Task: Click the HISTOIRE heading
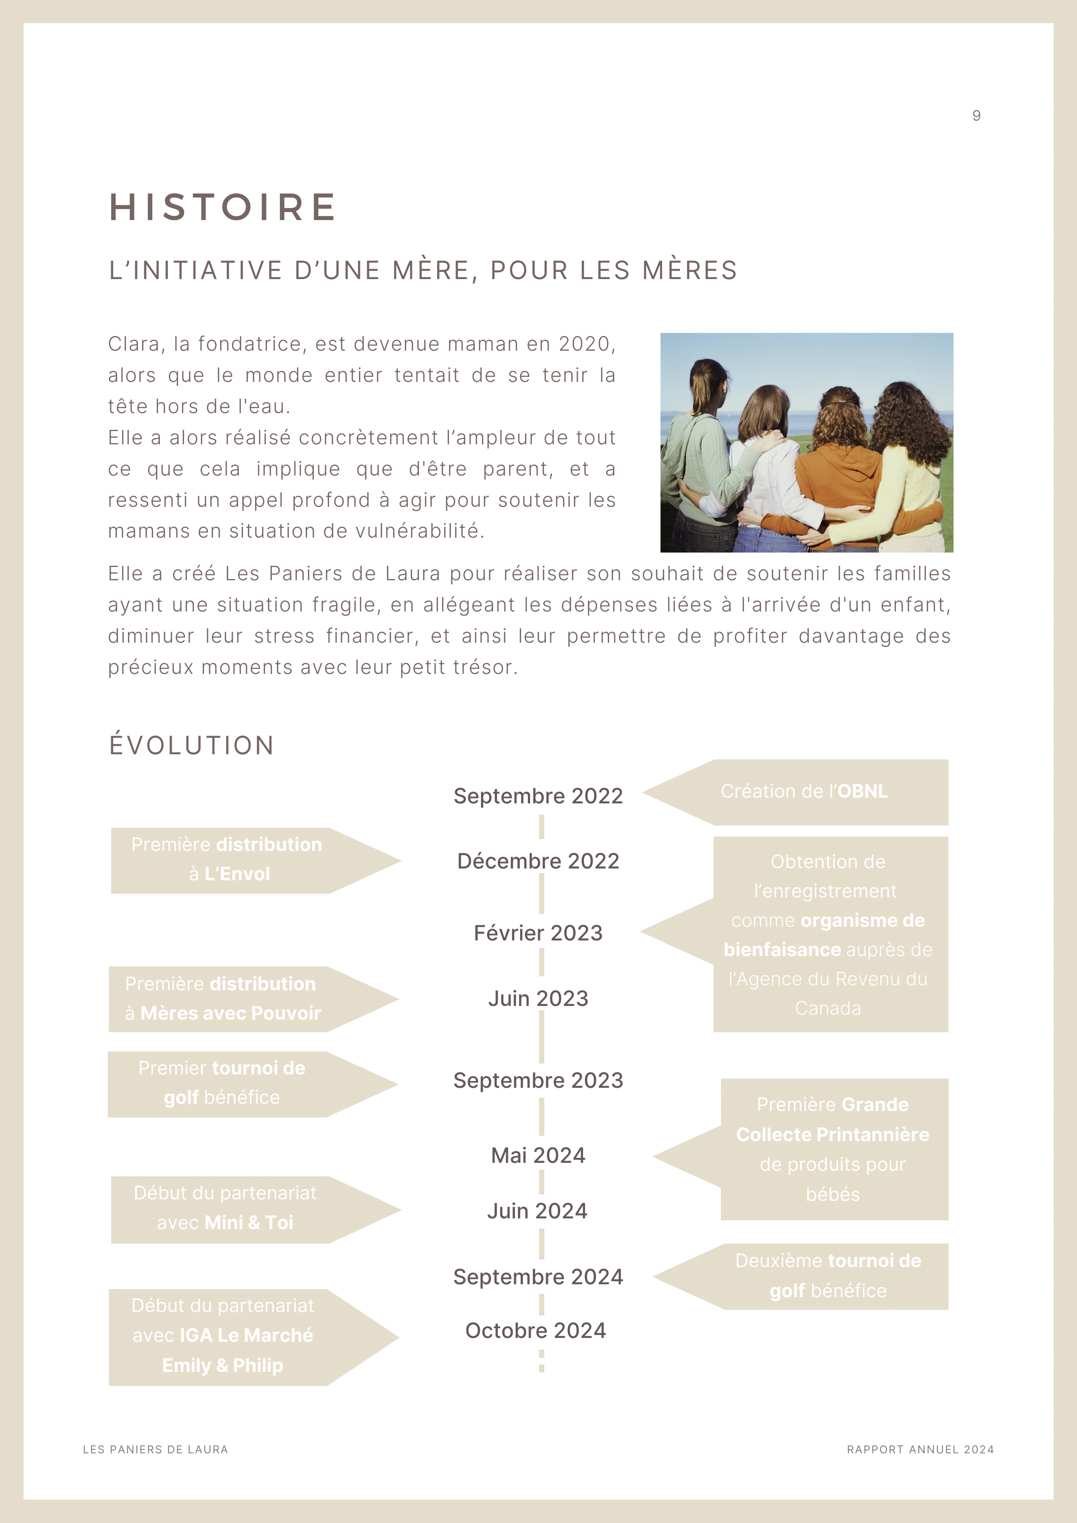pos(223,207)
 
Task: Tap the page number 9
pos(976,116)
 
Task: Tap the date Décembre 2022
pos(538,861)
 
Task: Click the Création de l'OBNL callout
pos(804,792)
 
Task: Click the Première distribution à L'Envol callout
pos(227,860)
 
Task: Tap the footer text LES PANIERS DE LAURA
pos(155,1450)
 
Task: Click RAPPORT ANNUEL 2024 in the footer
pos(920,1450)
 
